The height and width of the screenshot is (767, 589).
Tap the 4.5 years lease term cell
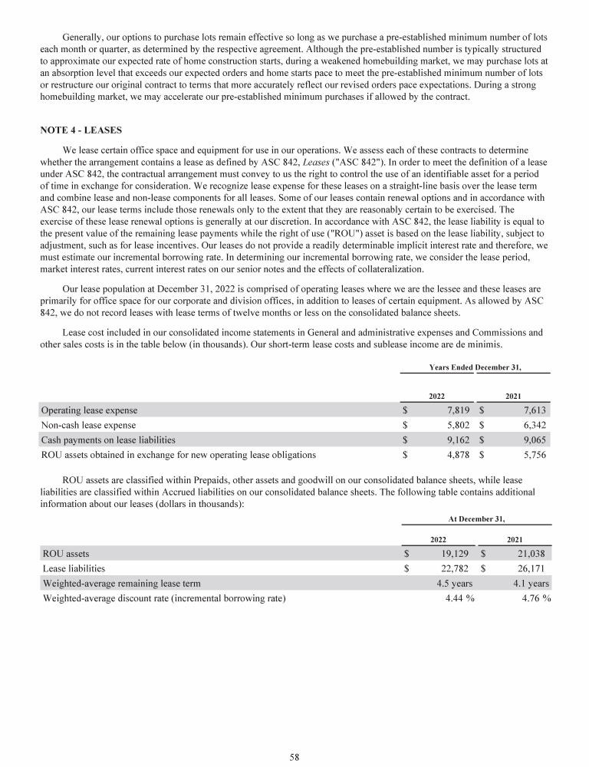[x=449, y=583]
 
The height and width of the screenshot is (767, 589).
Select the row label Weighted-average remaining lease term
[x=122, y=583]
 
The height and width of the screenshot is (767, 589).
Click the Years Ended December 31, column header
[x=475, y=367]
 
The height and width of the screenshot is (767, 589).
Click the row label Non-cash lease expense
[x=89, y=425]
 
